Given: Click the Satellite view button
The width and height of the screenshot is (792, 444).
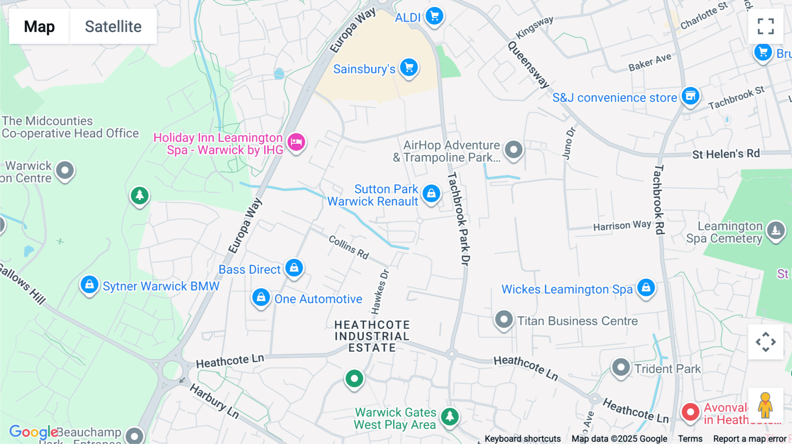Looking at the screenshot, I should click(x=113, y=26).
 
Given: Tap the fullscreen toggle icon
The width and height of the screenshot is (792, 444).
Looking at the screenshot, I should click(x=766, y=26).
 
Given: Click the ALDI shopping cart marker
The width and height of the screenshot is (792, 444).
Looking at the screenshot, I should click(x=434, y=16).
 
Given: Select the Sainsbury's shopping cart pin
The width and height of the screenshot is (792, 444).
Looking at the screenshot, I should click(x=409, y=68).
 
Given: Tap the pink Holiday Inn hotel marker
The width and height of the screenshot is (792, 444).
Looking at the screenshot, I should click(x=296, y=142).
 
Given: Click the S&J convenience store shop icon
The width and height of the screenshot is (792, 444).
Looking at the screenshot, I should click(x=690, y=96).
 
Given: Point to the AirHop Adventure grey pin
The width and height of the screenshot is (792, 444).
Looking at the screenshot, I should click(x=513, y=149).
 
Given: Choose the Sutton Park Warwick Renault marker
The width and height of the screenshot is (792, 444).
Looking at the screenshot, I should click(x=431, y=193).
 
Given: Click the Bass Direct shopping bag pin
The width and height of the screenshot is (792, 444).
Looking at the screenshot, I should click(x=294, y=267).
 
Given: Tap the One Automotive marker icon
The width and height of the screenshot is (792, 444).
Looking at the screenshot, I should click(x=261, y=298).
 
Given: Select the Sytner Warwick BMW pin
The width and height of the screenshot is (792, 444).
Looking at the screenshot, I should click(x=89, y=285).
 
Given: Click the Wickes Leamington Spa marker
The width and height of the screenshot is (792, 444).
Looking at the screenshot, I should click(x=645, y=288).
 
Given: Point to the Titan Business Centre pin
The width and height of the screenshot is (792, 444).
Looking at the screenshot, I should click(x=503, y=319).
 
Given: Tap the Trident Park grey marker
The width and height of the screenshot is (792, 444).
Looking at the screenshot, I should click(x=621, y=367).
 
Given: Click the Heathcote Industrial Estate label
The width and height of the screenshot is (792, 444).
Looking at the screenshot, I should click(x=372, y=336).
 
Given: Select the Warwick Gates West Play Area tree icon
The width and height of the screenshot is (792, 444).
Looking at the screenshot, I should click(x=450, y=416).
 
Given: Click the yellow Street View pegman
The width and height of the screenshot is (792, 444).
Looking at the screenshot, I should click(x=765, y=405).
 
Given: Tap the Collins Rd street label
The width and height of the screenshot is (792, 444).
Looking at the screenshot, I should click(x=348, y=247).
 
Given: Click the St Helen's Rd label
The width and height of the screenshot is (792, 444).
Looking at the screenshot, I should click(x=726, y=154).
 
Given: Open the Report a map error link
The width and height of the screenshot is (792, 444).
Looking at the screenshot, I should click(x=749, y=439).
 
